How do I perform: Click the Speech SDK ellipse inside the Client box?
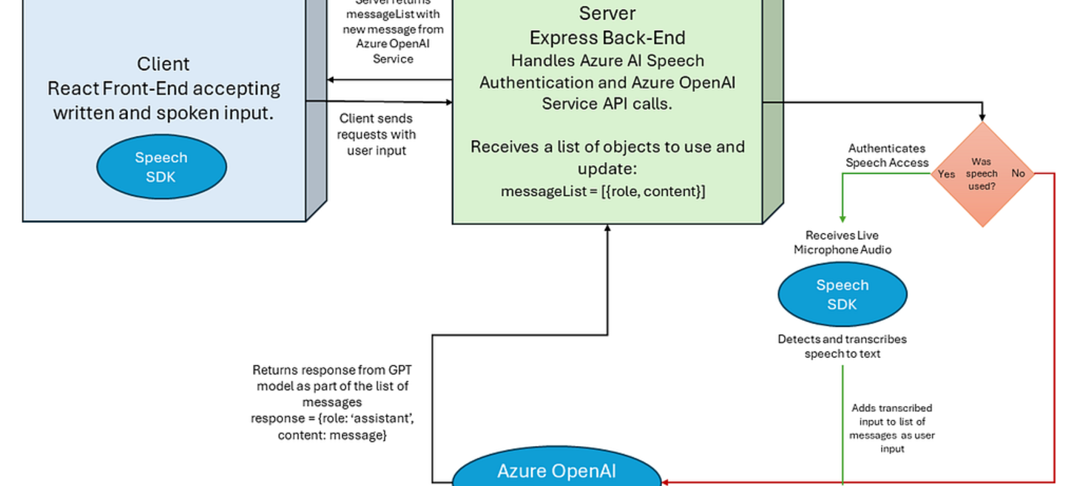coord(161,166)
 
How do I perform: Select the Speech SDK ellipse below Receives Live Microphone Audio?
coord(842,294)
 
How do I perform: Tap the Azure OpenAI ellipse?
coord(556,470)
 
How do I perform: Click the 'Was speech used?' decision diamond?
coord(982,174)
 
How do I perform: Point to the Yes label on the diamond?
coord(946,174)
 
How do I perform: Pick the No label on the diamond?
coord(1019,173)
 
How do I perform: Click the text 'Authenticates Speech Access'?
coord(886,155)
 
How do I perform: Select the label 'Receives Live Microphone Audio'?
coord(842,243)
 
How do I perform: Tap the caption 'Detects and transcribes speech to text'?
coord(842,346)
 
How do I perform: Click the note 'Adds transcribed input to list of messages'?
coord(891,428)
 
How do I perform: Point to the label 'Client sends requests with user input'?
coord(377,134)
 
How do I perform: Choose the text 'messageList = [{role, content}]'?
coord(603,192)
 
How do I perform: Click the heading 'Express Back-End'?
coord(607,38)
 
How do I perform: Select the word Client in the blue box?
coord(163,64)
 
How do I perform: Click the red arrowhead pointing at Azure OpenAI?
coord(666,482)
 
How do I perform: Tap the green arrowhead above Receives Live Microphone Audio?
coord(843,218)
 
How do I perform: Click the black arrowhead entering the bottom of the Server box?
coord(607,229)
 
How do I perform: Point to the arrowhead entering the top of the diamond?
coord(982,117)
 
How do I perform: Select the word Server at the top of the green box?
coord(607,13)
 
